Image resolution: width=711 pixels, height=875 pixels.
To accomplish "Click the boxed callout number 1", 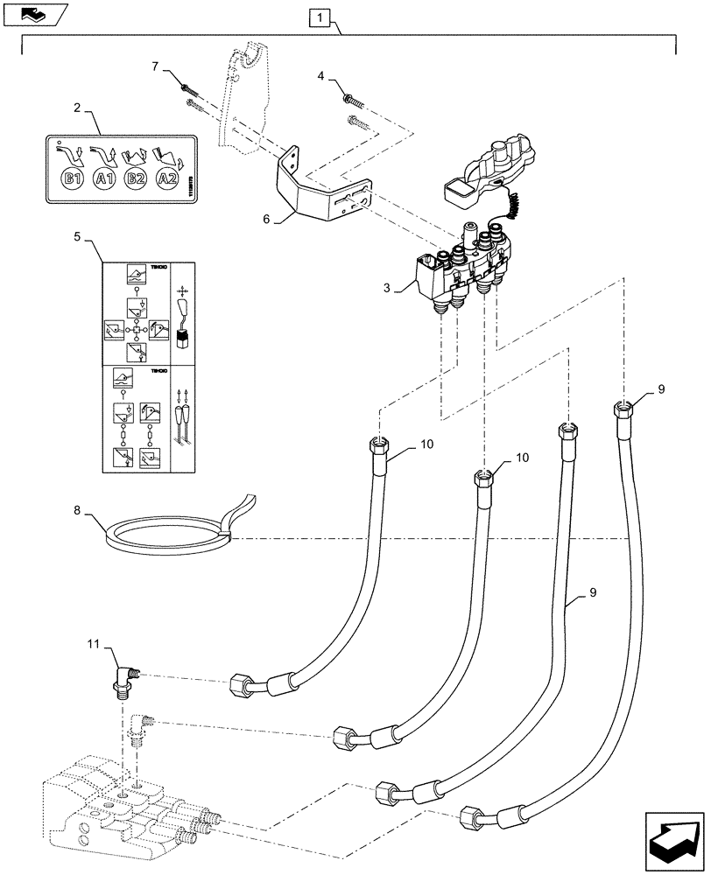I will click(x=320, y=17).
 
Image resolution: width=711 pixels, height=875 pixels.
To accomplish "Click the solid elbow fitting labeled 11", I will click(x=124, y=678).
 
